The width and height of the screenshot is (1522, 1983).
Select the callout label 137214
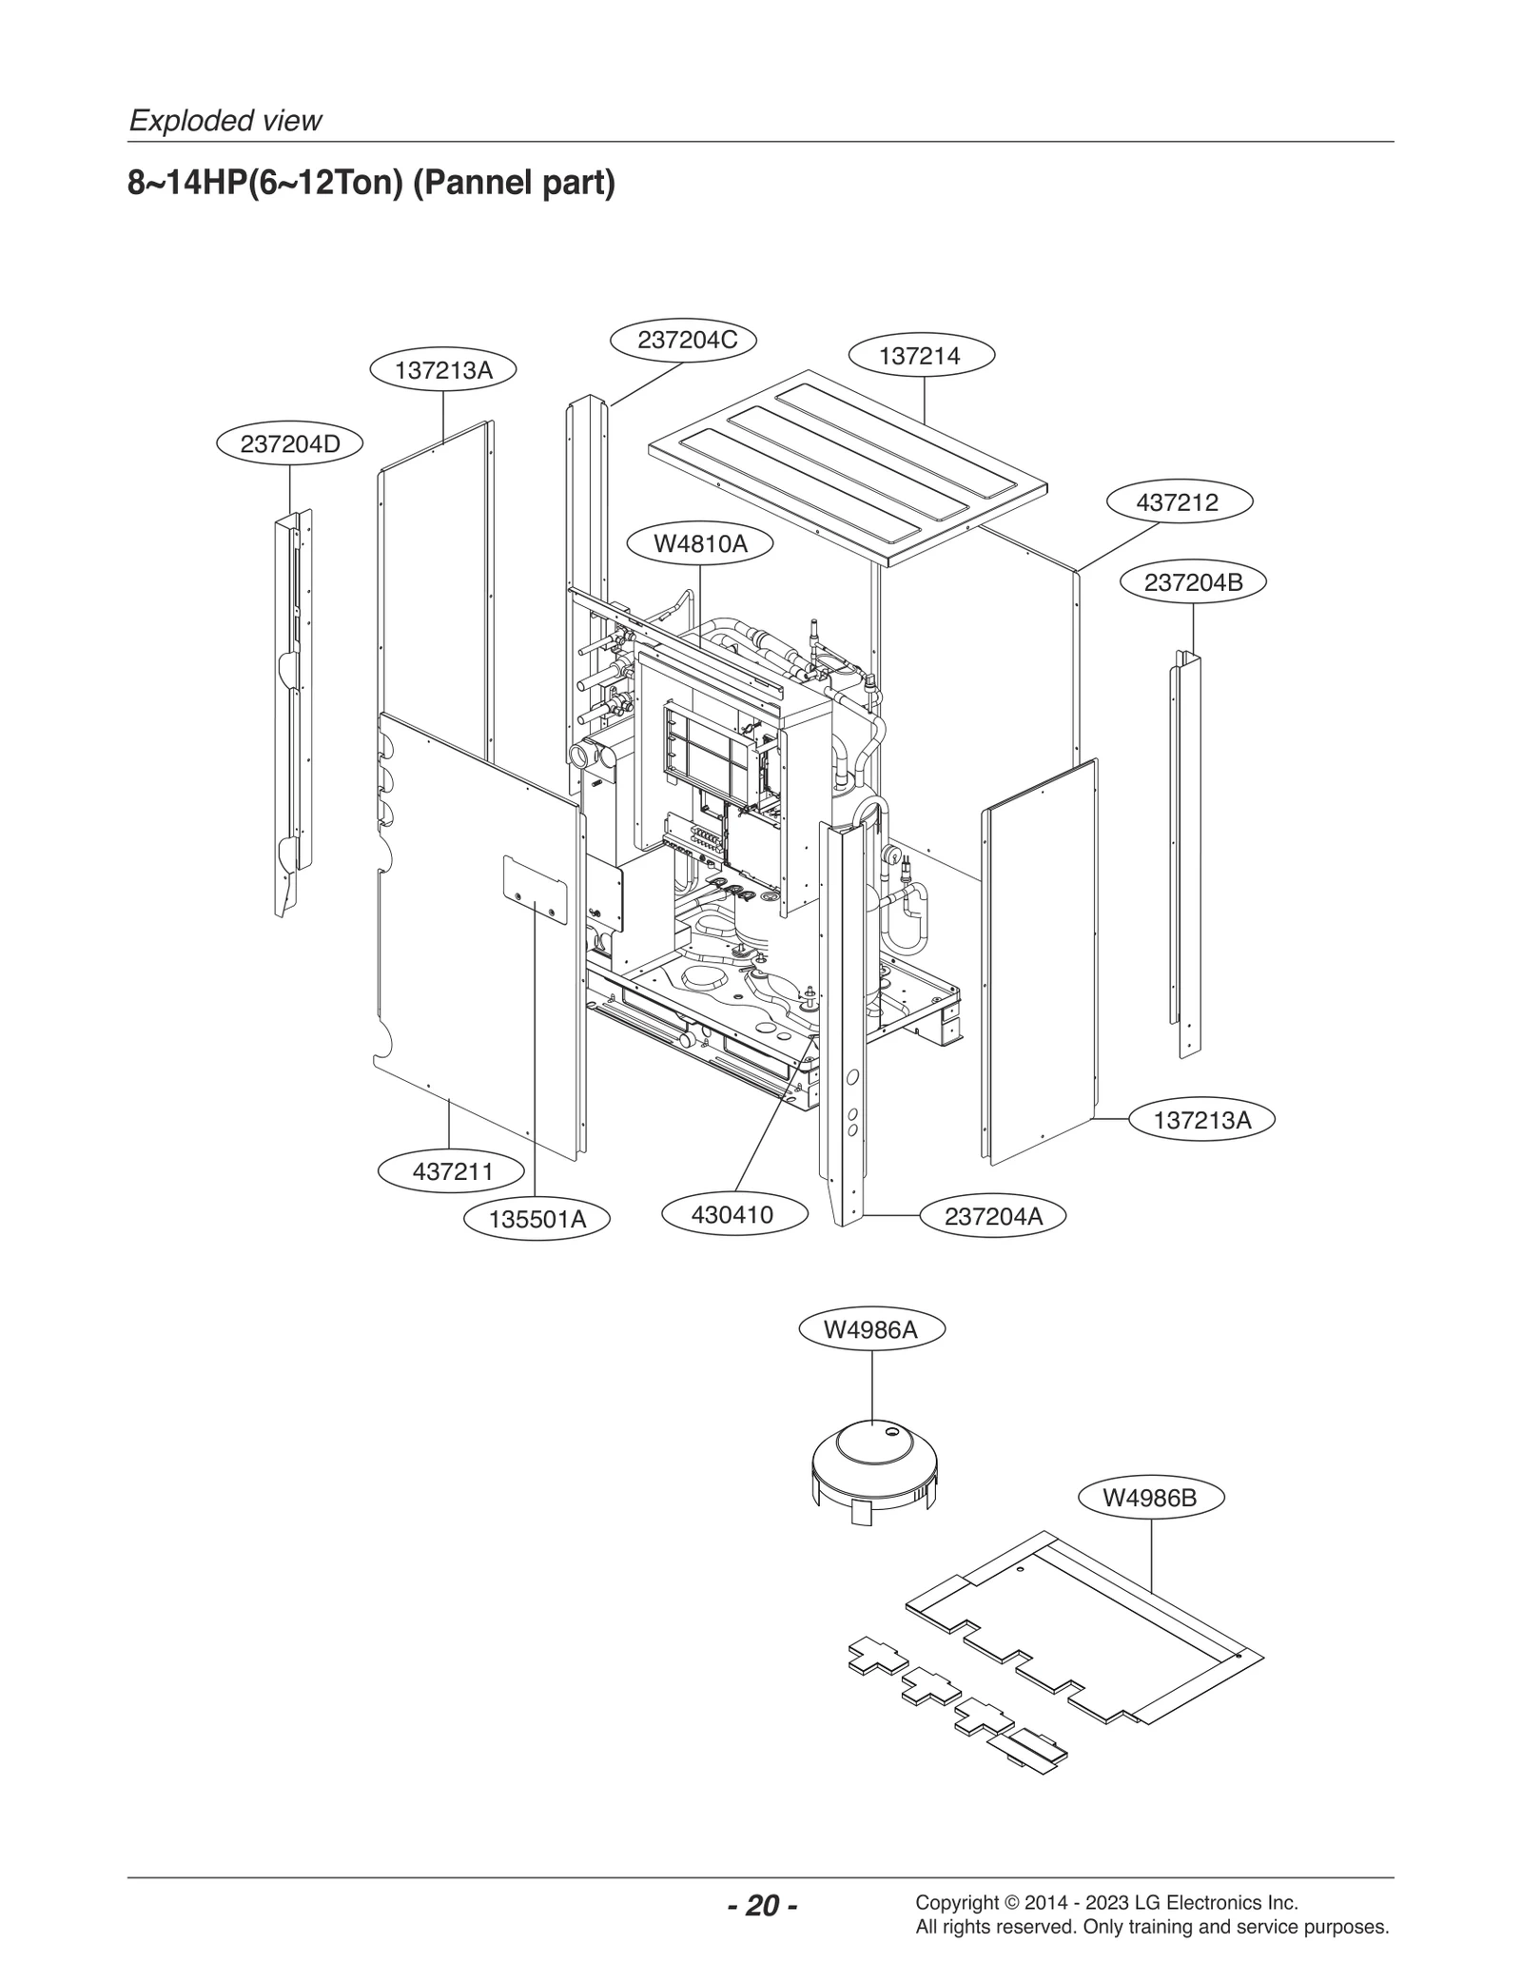(x=920, y=356)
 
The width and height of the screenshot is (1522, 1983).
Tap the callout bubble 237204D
(x=290, y=443)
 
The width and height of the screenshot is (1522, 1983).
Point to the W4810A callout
(x=700, y=544)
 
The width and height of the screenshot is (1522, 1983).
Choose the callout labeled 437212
(x=1178, y=502)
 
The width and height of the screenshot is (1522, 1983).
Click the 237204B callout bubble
(x=1193, y=582)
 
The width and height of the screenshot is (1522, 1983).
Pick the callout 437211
(x=453, y=1171)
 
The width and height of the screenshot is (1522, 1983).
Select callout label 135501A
(x=537, y=1219)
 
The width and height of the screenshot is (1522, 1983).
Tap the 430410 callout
(x=732, y=1214)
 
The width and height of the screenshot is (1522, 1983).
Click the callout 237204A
(x=993, y=1216)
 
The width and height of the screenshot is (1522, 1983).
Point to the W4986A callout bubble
(x=871, y=1330)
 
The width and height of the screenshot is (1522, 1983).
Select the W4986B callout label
(x=1150, y=1498)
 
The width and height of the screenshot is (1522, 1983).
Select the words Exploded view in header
(x=225, y=121)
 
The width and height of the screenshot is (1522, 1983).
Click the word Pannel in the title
(x=460, y=182)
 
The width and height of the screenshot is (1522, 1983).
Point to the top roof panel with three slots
(x=847, y=466)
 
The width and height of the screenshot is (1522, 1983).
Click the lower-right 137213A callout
(x=1201, y=1120)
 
